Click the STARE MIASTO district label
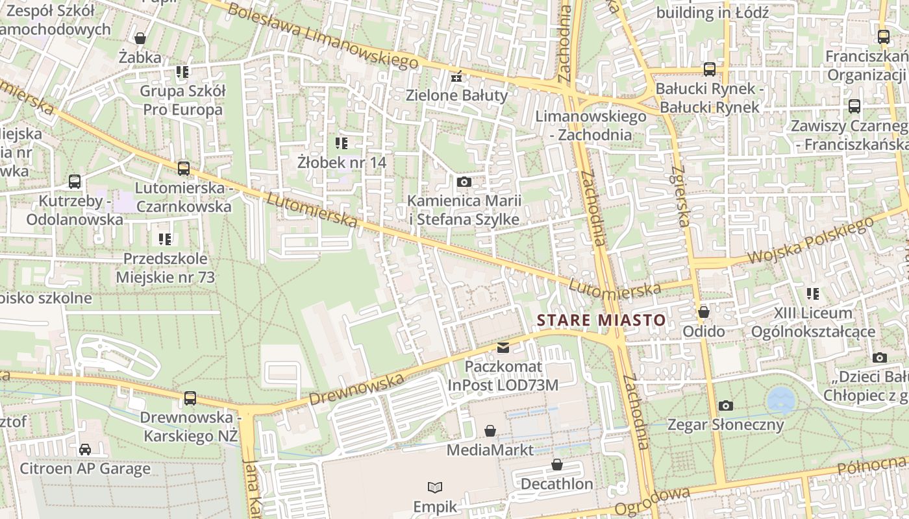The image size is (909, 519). coord(601,320)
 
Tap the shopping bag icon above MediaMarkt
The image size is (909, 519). coord(490,431)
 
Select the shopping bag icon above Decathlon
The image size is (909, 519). coord(556,465)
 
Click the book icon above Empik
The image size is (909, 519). coord(435,487)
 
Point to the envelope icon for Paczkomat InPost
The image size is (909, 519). coord(503,348)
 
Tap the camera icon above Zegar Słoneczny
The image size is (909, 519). coord(726,406)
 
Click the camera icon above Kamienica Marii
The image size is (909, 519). coord(464,182)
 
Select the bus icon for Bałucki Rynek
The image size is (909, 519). coord(709,69)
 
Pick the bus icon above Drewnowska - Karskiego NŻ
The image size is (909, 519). coord(190,398)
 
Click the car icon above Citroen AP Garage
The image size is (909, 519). coord(85,449)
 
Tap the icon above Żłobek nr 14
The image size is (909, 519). coord(342,143)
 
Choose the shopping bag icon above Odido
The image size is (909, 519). coord(703,312)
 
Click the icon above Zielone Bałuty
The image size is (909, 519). coord(457,77)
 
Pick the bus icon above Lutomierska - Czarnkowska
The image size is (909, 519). coord(184,169)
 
